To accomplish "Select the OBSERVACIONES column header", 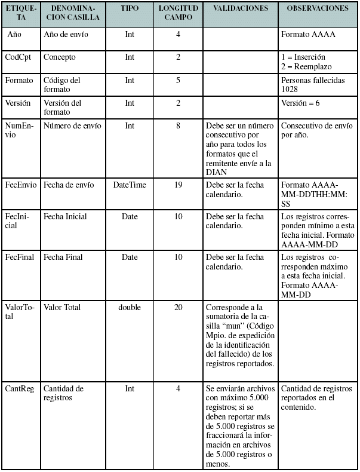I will coord(318,9).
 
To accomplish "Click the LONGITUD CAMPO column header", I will coord(178,13).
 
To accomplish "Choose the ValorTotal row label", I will coord(20,312).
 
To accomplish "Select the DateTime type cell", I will coord(130,185).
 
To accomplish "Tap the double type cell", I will coord(130,308).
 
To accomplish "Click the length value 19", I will coord(178,185).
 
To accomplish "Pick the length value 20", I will coord(178,308).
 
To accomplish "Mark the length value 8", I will coord(178,125).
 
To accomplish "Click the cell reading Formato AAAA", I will coord(307,35).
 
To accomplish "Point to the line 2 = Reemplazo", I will coord(306,66).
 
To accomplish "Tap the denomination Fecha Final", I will coord(63,258).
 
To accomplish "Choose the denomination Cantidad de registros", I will coord(63,393).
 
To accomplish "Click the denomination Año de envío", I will coord(66,35).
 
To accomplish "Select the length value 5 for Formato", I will coord(178,80).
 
